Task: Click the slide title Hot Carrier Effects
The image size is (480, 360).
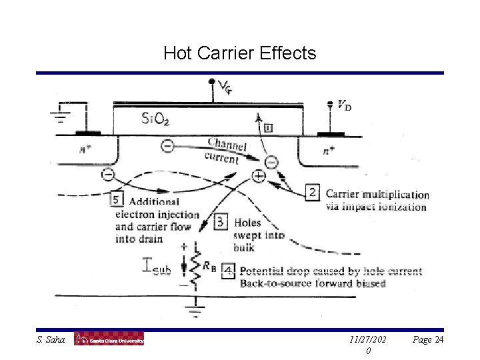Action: pos(239,52)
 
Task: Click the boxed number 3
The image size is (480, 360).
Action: pos(221,221)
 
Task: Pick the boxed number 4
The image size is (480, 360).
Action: pos(228,271)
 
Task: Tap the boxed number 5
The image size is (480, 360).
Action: pos(117,200)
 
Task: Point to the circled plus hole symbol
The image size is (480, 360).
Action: pos(258,177)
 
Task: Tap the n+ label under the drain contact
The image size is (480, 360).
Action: pos(329,151)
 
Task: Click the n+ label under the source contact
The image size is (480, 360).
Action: pos(86,150)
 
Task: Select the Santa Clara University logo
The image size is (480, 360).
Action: pos(109,340)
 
